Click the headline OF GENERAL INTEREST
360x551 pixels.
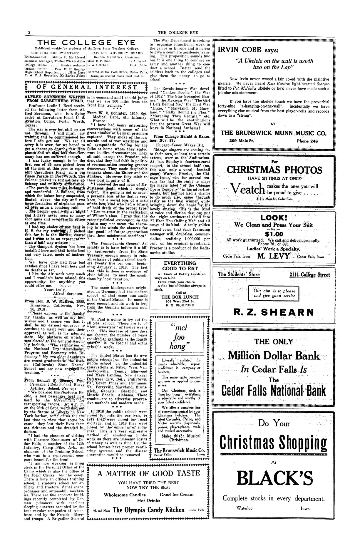pyautogui.click(x=86, y=87)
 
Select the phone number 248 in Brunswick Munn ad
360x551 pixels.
pyautogui.click(x=307, y=141)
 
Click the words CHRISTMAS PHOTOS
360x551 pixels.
pyautogui.click(x=274, y=170)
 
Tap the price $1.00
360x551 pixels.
pyautogui.click(x=274, y=234)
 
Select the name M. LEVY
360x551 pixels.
pyautogui.click(x=273, y=256)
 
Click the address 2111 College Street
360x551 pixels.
pyautogui.click(x=309, y=275)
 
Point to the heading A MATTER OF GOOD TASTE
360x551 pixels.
pyautogui.click(x=149, y=473)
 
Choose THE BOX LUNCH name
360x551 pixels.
pyautogui.click(x=180, y=297)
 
